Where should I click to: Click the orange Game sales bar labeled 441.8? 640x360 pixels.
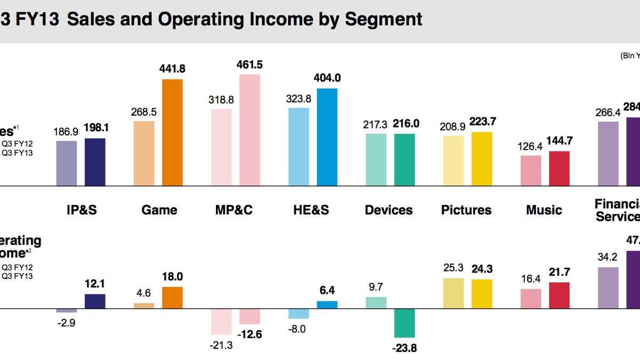click(x=172, y=132)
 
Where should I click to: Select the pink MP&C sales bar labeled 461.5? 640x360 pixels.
click(x=250, y=130)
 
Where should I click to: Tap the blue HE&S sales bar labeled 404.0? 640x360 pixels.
click(x=327, y=137)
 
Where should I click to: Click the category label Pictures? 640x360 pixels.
click(x=466, y=210)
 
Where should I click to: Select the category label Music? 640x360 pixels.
click(x=543, y=210)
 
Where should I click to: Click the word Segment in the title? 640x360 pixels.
click(x=383, y=19)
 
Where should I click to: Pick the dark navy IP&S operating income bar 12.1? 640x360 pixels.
click(x=95, y=301)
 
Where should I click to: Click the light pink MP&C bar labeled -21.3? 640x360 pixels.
click(x=221, y=321)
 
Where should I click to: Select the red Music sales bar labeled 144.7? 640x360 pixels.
click(x=559, y=169)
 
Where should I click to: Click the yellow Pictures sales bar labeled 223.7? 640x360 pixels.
click(x=482, y=159)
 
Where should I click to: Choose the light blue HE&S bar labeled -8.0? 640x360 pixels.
click(x=299, y=314)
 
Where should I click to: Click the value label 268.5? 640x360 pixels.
click(x=143, y=113)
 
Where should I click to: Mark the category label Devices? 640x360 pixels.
click(x=388, y=210)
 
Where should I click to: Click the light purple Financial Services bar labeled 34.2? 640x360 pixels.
click(x=608, y=287)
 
